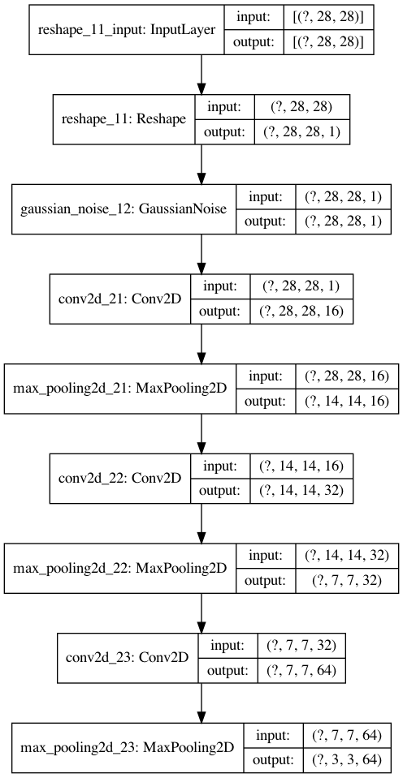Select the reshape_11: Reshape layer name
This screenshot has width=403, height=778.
click(x=123, y=119)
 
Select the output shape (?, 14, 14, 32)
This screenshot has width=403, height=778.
click(x=299, y=489)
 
